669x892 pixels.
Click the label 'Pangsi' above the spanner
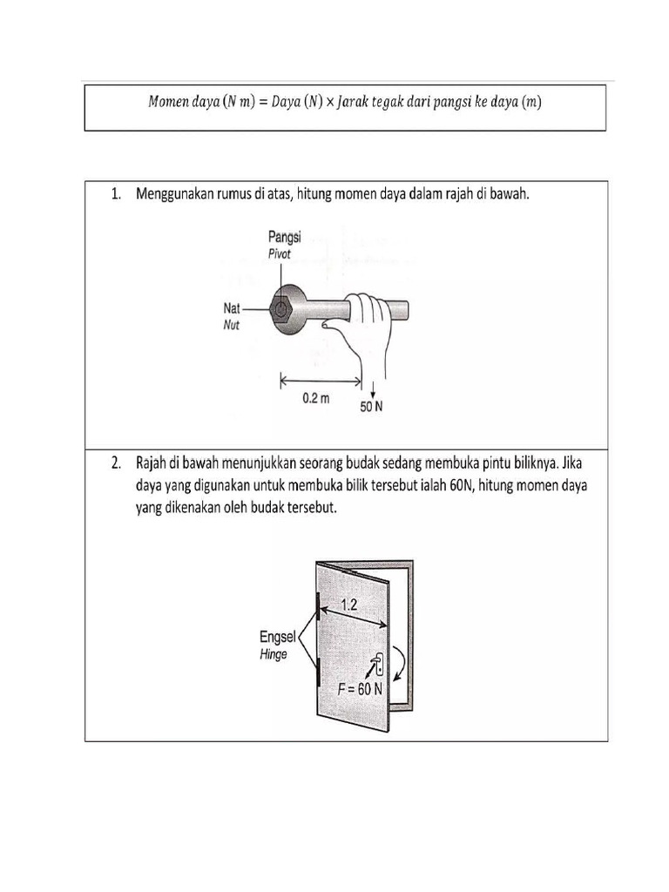click(x=284, y=237)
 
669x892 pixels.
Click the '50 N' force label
click(x=372, y=406)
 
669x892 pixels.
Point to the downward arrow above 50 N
click(x=372, y=389)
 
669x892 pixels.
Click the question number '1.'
click(x=116, y=195)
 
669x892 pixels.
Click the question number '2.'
click(x=116, y=463)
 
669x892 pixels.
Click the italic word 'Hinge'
click(x=274, y=654)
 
